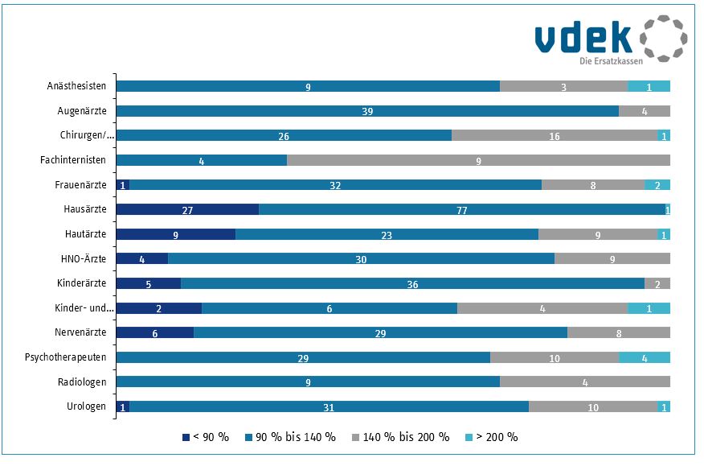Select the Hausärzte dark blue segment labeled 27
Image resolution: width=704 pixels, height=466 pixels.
[187, 209]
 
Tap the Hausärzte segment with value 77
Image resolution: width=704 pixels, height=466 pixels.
[462, 209]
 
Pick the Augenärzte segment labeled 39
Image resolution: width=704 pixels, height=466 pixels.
[367, 111]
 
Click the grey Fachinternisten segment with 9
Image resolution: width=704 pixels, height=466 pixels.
[478, 160]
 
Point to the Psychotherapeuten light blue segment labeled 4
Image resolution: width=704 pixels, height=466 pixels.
[645, 357]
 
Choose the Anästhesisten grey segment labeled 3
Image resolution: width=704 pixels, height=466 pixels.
[563, 86]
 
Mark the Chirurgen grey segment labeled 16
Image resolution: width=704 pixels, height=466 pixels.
[555, 136]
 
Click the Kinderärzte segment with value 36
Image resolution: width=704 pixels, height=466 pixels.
[412, 283]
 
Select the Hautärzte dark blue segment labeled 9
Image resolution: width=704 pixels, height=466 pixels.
[176, 234]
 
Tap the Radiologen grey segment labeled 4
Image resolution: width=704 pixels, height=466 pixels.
[585, 382]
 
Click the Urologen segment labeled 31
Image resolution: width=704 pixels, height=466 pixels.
[329, 407]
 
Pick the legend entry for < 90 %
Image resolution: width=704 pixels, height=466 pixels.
[207, 437]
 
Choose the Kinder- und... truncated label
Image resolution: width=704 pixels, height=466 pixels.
[84, 308]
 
